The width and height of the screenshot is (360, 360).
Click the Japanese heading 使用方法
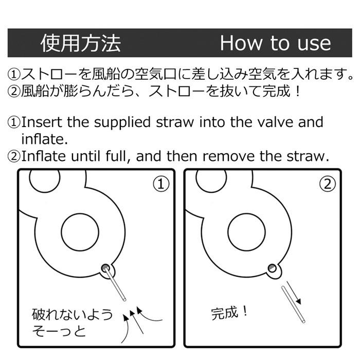pyautogui.click(x=81, y=43)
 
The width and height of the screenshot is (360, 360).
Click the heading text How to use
pyautogui.click(x=276, y=43)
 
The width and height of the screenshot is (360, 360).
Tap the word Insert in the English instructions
pyautogui.click(x=42, y=122)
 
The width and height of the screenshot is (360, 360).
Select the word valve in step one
pyautogui.click(x=275, y=122)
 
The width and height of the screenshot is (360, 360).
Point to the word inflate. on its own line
pyautogui.click(x=45, y=139)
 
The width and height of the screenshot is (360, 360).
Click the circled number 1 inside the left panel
pyautogui.click(x=161, y=184)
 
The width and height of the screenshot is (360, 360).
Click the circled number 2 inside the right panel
pyautogui.click(x=328, y=184)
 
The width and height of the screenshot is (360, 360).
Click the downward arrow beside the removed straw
pyautogui.click(x=294, y=293)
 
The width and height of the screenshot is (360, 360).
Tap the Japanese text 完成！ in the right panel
pyautogui.click(x=229, y=313)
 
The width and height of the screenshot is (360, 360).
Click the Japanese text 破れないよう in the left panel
pyautogui.click(x=73, y=314)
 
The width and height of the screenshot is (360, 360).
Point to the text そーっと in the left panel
pyautogui.click(x=59, y=331)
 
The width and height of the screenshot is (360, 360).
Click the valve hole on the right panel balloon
pyautogui.click(x=272, y=268)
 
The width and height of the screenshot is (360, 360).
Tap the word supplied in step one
pyautogui.click(x=123, y=122)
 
